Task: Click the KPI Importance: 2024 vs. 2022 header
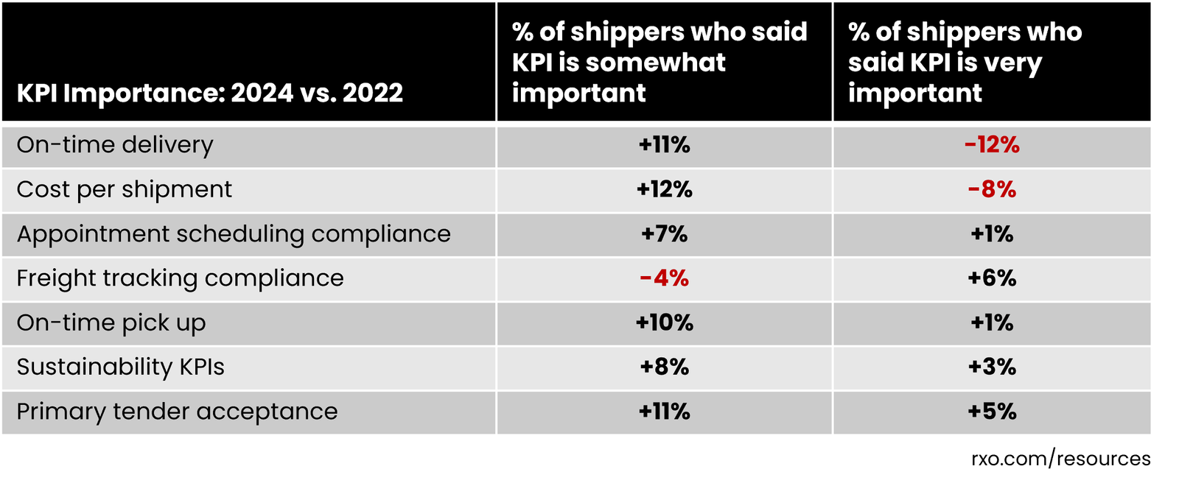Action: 209,94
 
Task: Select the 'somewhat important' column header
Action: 659,63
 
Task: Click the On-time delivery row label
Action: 115,145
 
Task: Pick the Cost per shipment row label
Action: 124,190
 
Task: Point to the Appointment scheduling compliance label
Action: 233,234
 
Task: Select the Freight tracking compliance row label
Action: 180,278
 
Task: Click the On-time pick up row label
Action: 111,323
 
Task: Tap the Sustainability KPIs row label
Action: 120,367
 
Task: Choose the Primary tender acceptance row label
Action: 177,412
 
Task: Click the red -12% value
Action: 992,145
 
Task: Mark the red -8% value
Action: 992,190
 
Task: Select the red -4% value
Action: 664,278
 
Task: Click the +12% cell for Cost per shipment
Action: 664,190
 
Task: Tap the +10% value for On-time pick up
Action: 664,323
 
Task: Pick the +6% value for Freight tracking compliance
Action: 992,278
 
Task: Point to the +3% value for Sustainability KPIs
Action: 992,367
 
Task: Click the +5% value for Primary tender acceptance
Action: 992,412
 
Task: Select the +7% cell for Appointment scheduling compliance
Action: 664,234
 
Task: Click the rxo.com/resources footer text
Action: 1060,459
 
